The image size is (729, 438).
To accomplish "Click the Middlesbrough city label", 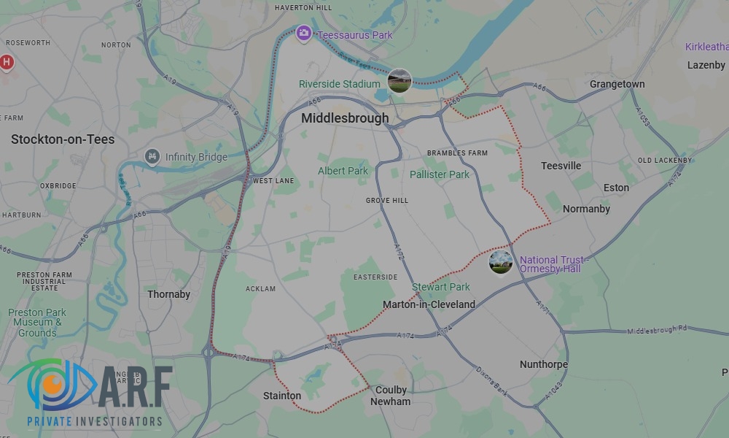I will coord(345,118).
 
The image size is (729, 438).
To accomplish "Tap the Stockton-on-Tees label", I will coord(63,139).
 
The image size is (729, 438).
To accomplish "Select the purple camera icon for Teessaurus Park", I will coord(304,34).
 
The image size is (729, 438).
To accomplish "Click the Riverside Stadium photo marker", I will coord(399,80).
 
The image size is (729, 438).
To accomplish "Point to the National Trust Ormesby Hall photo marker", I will coord(501,262).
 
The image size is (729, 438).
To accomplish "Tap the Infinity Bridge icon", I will coord(152,156).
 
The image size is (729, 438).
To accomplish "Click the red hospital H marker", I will coord(7,63).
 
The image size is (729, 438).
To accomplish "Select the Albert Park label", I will coord(343,171).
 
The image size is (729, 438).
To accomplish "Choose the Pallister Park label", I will coord(440,174).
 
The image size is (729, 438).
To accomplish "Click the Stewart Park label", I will coord(441,287).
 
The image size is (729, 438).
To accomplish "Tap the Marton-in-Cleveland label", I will coord(429,304).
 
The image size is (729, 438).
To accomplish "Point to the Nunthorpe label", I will coord(544,364).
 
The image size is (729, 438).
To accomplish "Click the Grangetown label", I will coord(617,84).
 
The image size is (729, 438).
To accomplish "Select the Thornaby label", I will coord(168,294).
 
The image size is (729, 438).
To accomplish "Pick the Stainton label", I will coord(282,396).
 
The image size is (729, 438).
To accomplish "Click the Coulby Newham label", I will coord(390,396).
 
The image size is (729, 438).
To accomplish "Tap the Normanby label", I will coord(586,209).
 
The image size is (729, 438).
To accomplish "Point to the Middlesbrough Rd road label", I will coord(657,331).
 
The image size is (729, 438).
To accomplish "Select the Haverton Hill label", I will coord(303,8).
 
